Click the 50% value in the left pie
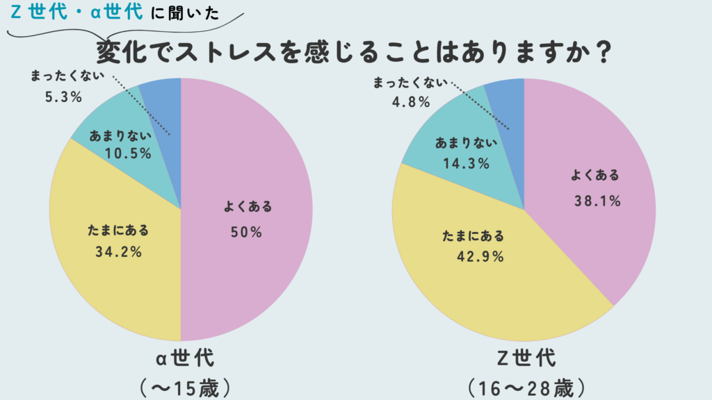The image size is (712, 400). pyautogui.click(x=246, y=233)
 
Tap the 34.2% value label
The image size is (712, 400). pyautogui.click(x=118, y=252)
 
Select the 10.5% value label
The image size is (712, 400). pyautogui.click(x=127, y=153)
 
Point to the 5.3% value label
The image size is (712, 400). pyautogui.click(x=63, y=97)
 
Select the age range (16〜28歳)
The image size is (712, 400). pyautogui.click(x=526, y=386)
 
